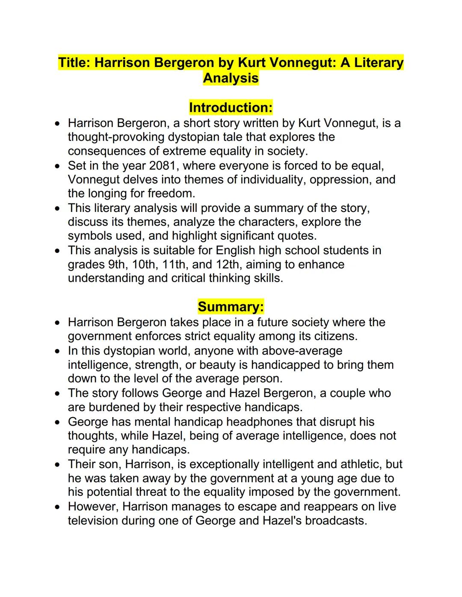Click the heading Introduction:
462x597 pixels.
click(x=231, y=107)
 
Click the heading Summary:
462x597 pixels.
click(x=231, y=306)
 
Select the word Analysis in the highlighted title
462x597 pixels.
click(x=231, y=78)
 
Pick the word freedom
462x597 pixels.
click(x=171, y=194)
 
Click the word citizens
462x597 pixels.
click(x=331, y=336)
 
